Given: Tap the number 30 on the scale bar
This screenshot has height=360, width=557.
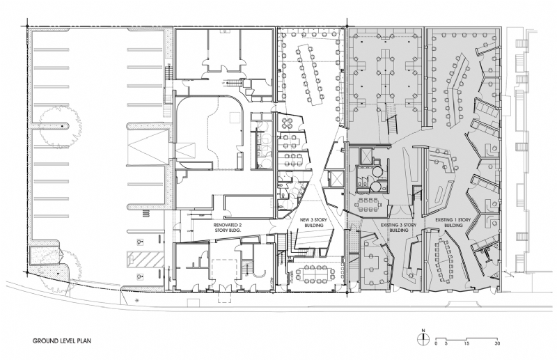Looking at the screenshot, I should pyautogui.click(x=496, y=344).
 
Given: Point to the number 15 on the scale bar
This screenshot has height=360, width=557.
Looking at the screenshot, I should pyautogui.click(x=467, y=344).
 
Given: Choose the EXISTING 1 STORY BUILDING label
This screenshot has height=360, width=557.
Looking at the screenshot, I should pyautogui.click(x=450, y=222).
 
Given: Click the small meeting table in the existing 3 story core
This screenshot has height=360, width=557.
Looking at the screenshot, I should pyautogui.click(x=364, y=204).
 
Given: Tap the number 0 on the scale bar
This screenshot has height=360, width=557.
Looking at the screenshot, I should pyautogui.click(x=436, y=344).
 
